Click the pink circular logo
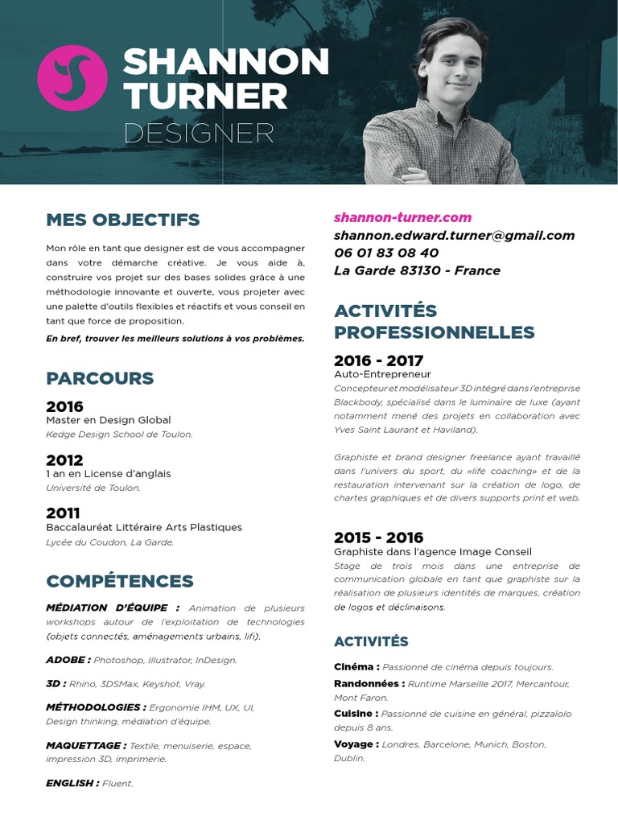(x=72, y=78)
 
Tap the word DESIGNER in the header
(x=199, y=133)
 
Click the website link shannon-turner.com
(x=402, y=217)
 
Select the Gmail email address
(x=454, y=235)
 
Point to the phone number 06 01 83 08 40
(x=386, y=253)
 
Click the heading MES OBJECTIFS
(x=123, y=220)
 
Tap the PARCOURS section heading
(x=100, y=378)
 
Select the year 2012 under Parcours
(x=64, y=460)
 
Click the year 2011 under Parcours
(x=63, y=513)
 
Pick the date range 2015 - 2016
(x=378, y=538)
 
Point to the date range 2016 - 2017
(x=378, y=360)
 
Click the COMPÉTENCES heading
(x=120, y=581)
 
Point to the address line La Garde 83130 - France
(x=417, y=270)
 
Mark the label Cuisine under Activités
(x=355, y=714)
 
